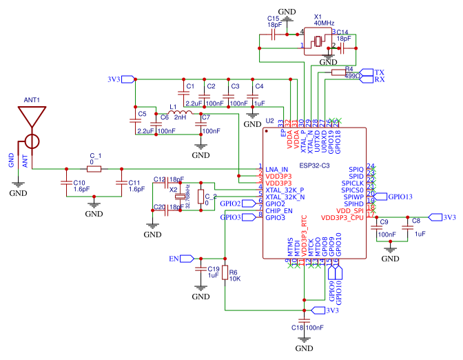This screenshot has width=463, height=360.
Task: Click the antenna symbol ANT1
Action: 31,124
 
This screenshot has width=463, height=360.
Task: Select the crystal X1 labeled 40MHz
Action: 318,42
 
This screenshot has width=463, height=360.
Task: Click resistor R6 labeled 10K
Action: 225,275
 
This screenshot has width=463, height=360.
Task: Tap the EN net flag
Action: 178,259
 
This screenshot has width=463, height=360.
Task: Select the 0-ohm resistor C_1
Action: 93,168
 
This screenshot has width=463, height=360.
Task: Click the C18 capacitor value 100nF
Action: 315,328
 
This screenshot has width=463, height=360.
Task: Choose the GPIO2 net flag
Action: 230,204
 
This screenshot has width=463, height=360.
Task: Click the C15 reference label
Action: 273,18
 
